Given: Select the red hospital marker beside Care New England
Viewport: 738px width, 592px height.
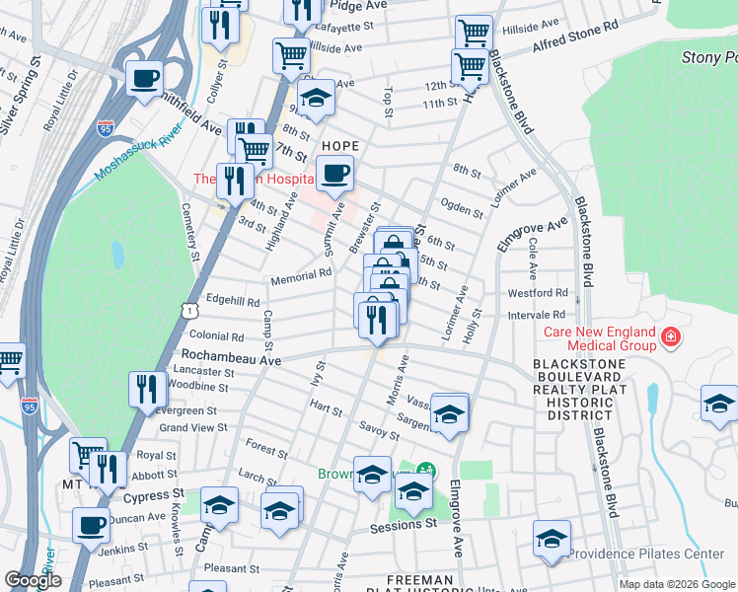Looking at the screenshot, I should coord(671,338).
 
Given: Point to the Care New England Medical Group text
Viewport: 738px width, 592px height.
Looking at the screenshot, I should coord(599,338).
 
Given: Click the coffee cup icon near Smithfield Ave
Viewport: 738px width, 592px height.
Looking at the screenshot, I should coord(144,78).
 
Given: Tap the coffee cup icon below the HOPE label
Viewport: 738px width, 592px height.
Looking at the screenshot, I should coord(335,175).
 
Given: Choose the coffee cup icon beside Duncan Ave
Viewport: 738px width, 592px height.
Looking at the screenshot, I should coord(92,524).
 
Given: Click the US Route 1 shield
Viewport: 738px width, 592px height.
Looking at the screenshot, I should coord(186,311).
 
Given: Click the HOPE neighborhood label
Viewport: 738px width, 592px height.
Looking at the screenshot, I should coord(337,145).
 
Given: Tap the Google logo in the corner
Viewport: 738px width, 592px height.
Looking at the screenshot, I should coord(33,580).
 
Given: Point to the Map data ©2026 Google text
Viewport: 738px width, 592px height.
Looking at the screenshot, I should coord(676,584).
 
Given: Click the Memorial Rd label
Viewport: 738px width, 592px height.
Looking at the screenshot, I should coord(300,276).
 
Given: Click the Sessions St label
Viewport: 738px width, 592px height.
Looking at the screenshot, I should coord(403,526).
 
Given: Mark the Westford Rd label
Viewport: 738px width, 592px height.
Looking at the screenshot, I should coord(538,293).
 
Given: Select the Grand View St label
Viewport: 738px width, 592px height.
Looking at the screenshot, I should coord(193,427).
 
